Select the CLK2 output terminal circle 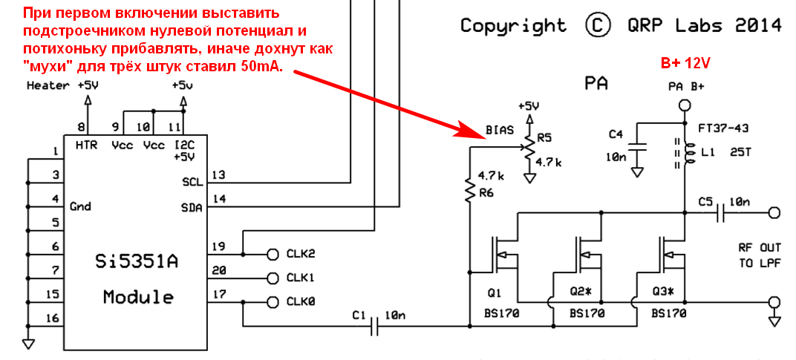pos(271,254)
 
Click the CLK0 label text pos(301,302)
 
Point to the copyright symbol pos(597,25)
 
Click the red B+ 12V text pos(685,62)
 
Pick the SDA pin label pos(191,209)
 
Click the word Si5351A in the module pos(138,262)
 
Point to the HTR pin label pos(87,145)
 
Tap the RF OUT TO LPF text pos(759,255)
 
